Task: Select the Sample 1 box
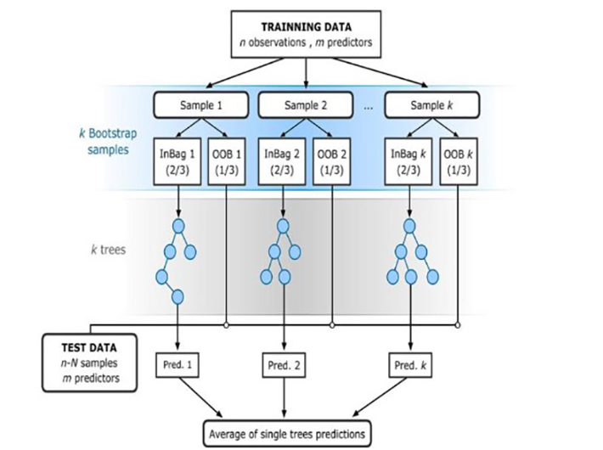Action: click(x=200, y=105)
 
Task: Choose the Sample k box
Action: click(x=431, y=105)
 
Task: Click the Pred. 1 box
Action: click(x=178, y=365)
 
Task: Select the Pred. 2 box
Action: click(x=284, y=366)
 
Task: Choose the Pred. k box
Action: click(x=410, y=366)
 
